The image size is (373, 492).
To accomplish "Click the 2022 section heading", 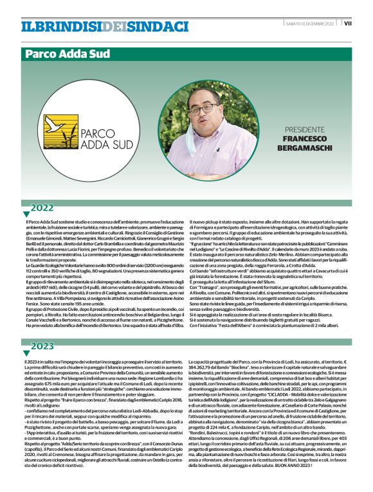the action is coord(42,207).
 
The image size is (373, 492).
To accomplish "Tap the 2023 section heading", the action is coord(42,346).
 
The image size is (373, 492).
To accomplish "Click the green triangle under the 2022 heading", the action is coord(26,214).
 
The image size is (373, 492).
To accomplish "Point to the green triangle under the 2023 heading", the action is coord(26,353).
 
